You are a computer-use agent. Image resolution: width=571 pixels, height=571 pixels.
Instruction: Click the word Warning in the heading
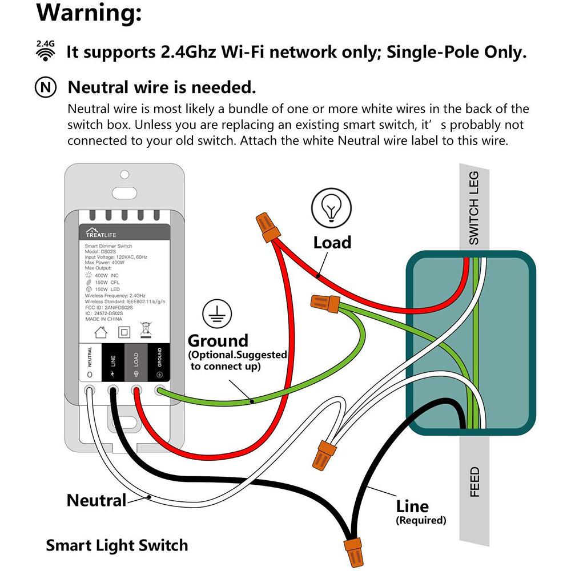click(89, 14)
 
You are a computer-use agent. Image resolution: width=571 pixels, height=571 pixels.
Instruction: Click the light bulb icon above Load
click(330, 207)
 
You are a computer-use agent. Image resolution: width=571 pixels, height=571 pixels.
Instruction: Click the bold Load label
click(332, 243)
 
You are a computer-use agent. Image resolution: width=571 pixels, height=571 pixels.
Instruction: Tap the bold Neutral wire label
click(96, 501)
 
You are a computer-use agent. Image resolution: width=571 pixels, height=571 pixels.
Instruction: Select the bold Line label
click(412, 506)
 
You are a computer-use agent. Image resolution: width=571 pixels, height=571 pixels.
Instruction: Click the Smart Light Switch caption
click(116, 545)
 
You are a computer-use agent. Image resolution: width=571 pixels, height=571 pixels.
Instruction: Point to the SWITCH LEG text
click(474, 208)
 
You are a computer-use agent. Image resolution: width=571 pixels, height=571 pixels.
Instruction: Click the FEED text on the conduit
click(475, 482)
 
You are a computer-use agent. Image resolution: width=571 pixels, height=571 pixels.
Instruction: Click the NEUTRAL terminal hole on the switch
click(90, 391)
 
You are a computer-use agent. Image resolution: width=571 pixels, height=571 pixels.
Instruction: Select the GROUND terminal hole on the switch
click(159, 391)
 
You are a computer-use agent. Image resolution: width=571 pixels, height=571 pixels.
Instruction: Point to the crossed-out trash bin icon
click(145, 331)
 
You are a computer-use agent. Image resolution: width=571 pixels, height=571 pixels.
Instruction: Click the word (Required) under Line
click(420, 520)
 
